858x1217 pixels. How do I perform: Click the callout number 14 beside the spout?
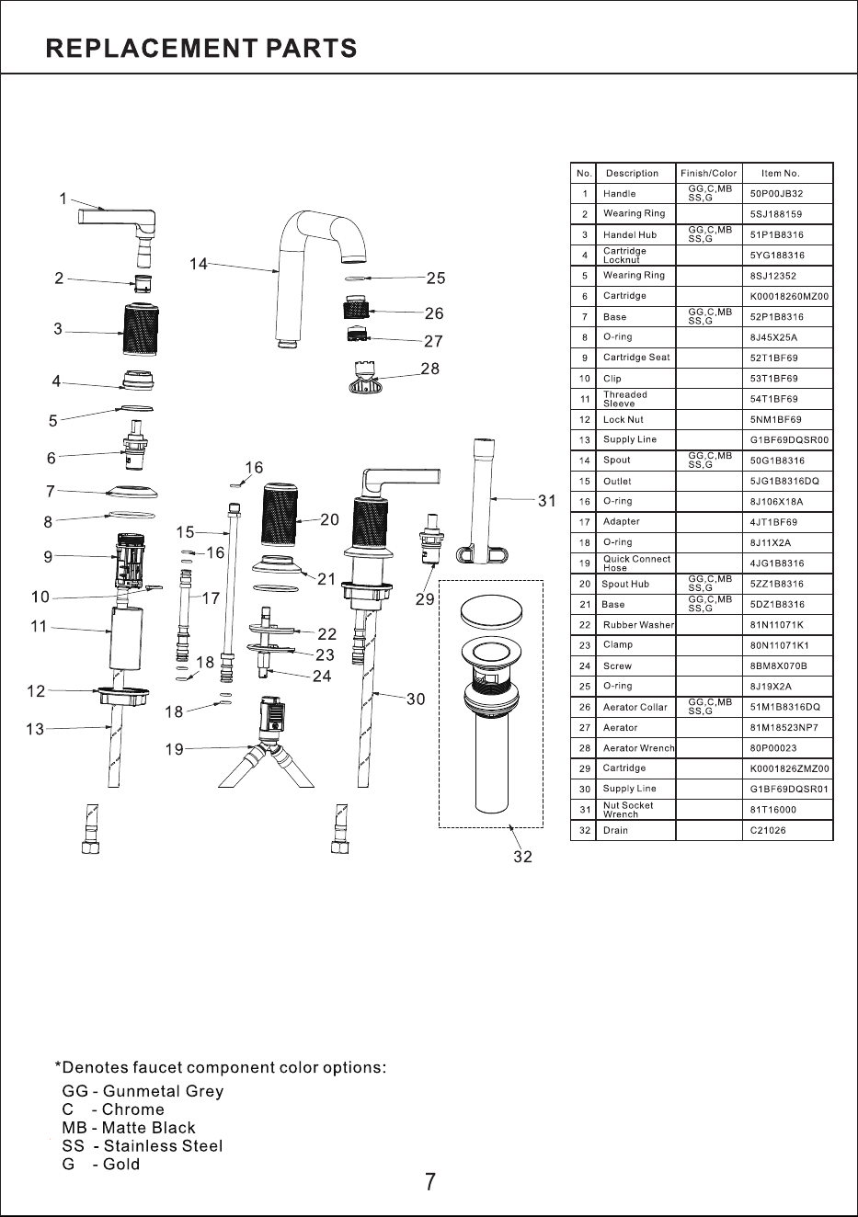click(199, 264)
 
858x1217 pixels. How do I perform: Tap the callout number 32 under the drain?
click(522, 857)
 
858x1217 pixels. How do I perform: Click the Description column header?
click(632, 174)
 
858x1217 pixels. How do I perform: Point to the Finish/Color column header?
click(708, 174)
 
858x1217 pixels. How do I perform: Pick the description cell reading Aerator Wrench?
click(638, 748)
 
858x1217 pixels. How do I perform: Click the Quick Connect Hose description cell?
click(636, 563)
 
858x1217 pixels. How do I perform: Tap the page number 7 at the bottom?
click(430, 1182)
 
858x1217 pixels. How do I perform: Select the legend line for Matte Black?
click(129, 1127)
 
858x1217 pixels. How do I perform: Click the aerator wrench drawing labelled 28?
click(365, 378)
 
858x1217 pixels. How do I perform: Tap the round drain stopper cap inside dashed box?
click(491, 611)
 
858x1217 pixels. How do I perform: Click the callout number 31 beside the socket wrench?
click(547, 501)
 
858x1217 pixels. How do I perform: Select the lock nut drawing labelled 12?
click(124, 697)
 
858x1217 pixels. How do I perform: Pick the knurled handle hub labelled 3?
click(142, 329)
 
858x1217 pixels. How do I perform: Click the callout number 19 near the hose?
click(175, 750)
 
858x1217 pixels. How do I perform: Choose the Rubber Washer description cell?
click(638, 625)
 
